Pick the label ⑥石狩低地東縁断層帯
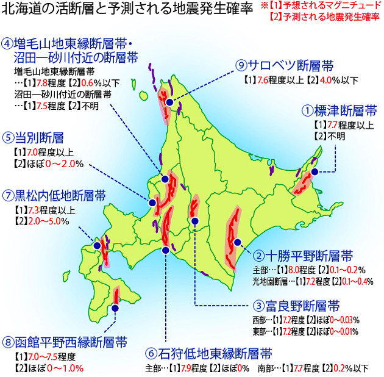click(208, 353)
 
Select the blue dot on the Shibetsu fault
click(315, 173)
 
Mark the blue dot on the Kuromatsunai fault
click(97, 245)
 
